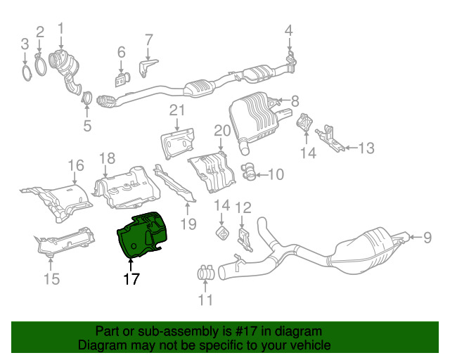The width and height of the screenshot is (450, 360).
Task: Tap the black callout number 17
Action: [131, 279]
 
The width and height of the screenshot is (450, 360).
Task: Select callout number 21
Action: [177, 110]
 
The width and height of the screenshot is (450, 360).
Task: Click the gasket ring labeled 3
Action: [27, 73]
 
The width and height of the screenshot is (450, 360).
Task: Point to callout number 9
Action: [427, 238]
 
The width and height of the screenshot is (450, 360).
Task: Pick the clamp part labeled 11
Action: [206, 273]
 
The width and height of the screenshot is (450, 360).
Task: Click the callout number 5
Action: [87, 125]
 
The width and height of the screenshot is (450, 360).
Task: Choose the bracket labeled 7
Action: [148, 68]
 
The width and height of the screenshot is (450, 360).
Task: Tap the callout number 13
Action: [366, 148]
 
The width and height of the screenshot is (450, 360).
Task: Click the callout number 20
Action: [222, 130]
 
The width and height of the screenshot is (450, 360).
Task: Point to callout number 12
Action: [243, 207]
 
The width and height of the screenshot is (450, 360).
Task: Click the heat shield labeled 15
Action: [65, 240]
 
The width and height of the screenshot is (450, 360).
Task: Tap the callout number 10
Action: [276, 174]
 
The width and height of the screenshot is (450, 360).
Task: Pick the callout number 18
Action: [108, 158]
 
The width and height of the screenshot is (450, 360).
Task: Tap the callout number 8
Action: [295, 101]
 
